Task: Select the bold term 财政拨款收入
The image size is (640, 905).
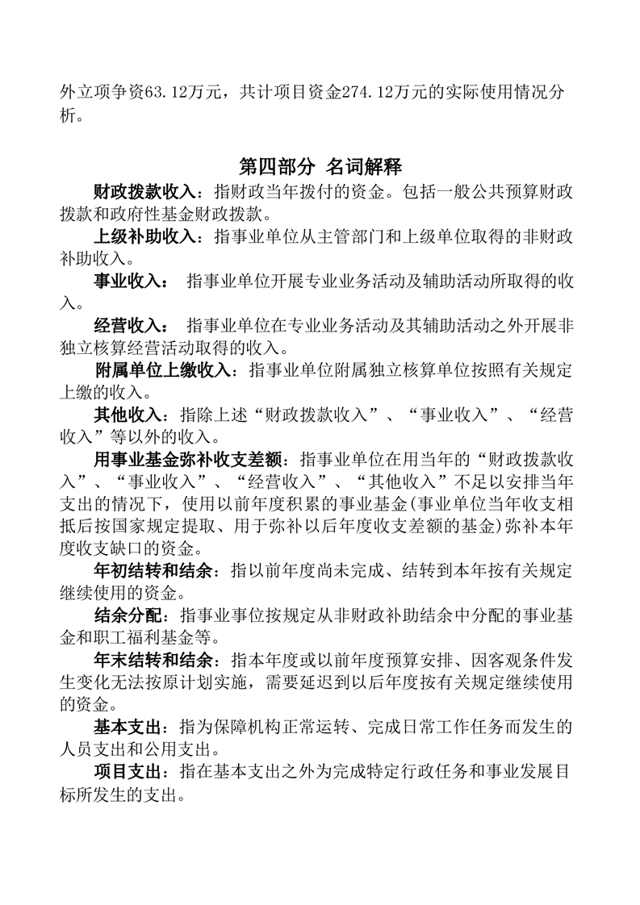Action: pos(144,193)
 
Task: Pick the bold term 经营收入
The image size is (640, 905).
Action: pos(129,326)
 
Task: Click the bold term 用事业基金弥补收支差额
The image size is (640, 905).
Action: pos(188,461)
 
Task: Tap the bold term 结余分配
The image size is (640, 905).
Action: pos(129,615)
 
